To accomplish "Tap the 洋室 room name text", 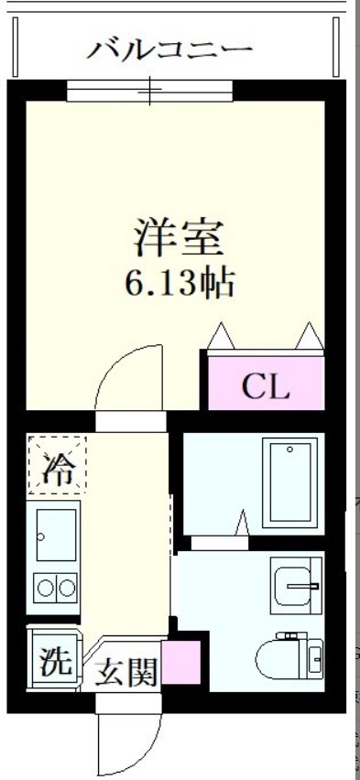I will (180, 240).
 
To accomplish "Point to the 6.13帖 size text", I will (180, 285).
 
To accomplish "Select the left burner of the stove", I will (43, 586).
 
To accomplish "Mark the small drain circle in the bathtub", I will (289, 450).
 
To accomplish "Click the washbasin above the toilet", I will (295, 584).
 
